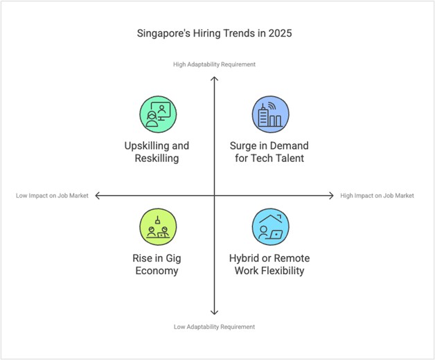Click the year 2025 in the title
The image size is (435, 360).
point(287,33)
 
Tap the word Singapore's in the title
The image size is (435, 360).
point(163,33)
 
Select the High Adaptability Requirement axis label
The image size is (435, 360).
point(215,64)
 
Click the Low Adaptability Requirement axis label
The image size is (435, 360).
point(215,327)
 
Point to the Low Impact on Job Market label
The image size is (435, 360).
point(52,196)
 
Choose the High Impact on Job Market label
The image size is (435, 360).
point(377,196)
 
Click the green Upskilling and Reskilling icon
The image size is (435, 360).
point(159,114)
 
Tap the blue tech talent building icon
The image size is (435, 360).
point(270,114)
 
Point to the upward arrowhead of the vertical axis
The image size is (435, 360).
point(215,78)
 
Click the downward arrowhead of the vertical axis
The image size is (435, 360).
point(215,313)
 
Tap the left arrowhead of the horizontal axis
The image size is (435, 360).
point(98,196)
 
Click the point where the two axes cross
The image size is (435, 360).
point(215,196)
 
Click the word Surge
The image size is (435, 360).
point(245,146)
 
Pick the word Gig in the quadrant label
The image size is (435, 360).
point(173,259)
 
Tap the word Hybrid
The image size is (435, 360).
point(246,259)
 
